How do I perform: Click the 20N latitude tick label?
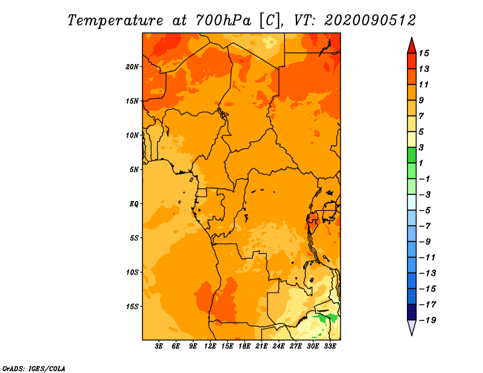pos(132,67)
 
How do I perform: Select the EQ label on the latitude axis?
pos(133,204)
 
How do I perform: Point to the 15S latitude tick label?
pos(132,307)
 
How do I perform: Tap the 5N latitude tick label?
pos(133,170)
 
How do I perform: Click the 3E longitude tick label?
pos(159,346)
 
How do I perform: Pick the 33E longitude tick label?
pos(330,346)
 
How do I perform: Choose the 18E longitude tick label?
pos(245,346)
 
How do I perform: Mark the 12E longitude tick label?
pos(210,346)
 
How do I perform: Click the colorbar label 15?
pos(424,53)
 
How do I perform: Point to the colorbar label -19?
pos(427,320)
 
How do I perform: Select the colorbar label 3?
pos(421,147)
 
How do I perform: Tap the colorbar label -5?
pos(425,211)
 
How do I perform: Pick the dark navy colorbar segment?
pos(412,312)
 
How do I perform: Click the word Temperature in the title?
pos(115,21)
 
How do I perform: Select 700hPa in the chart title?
pos(223,21)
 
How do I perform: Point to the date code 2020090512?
pos(370,21)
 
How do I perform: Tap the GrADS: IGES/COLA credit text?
pos(34,369)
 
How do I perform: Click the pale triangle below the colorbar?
pos(412,328)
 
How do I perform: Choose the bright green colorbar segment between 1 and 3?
pos(412,155)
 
